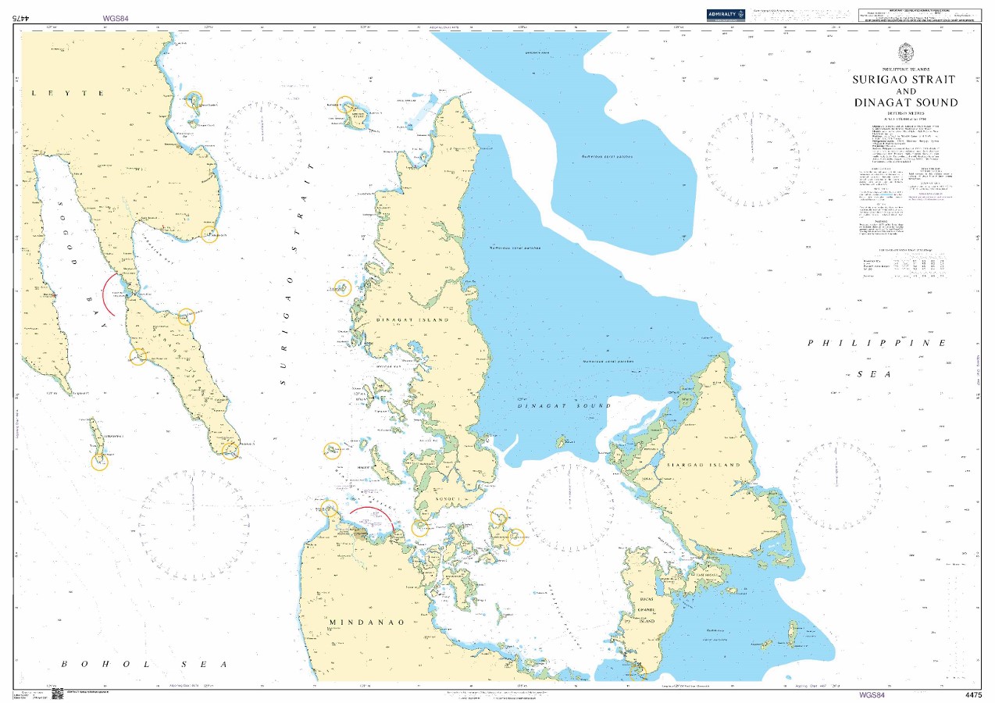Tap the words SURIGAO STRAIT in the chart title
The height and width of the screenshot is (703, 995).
click(904, 80)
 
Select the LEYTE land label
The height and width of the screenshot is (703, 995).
click(68, 93)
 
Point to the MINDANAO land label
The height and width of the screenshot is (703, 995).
click(367, 623)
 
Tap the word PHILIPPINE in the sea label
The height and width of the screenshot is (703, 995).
click(878, 343)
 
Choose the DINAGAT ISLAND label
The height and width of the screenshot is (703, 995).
click(412, 321)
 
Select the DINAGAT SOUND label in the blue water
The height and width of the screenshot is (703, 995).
click(564, 406)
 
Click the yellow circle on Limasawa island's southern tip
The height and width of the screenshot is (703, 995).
click(99, 462)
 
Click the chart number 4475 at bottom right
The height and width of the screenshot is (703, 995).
click(973, 694)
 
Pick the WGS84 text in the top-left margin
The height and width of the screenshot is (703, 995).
click(115, 17)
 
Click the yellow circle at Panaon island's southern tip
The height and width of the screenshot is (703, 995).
click(230, 450)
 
